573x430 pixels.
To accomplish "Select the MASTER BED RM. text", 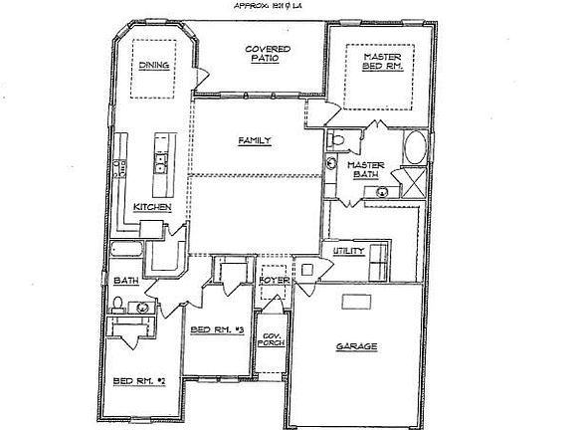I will [x=381, y=62].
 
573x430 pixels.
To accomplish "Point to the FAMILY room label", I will [x=255, y=142].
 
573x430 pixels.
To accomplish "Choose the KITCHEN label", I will [x=153, y=207].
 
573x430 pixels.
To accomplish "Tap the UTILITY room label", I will [x=349, y=252].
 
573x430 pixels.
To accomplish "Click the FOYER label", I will [x=274, y=282].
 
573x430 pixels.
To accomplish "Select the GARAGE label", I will [x=354, y=346].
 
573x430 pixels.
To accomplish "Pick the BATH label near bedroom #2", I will [x=126, y=281].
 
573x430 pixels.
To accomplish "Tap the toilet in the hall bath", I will [x=117, y=303].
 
